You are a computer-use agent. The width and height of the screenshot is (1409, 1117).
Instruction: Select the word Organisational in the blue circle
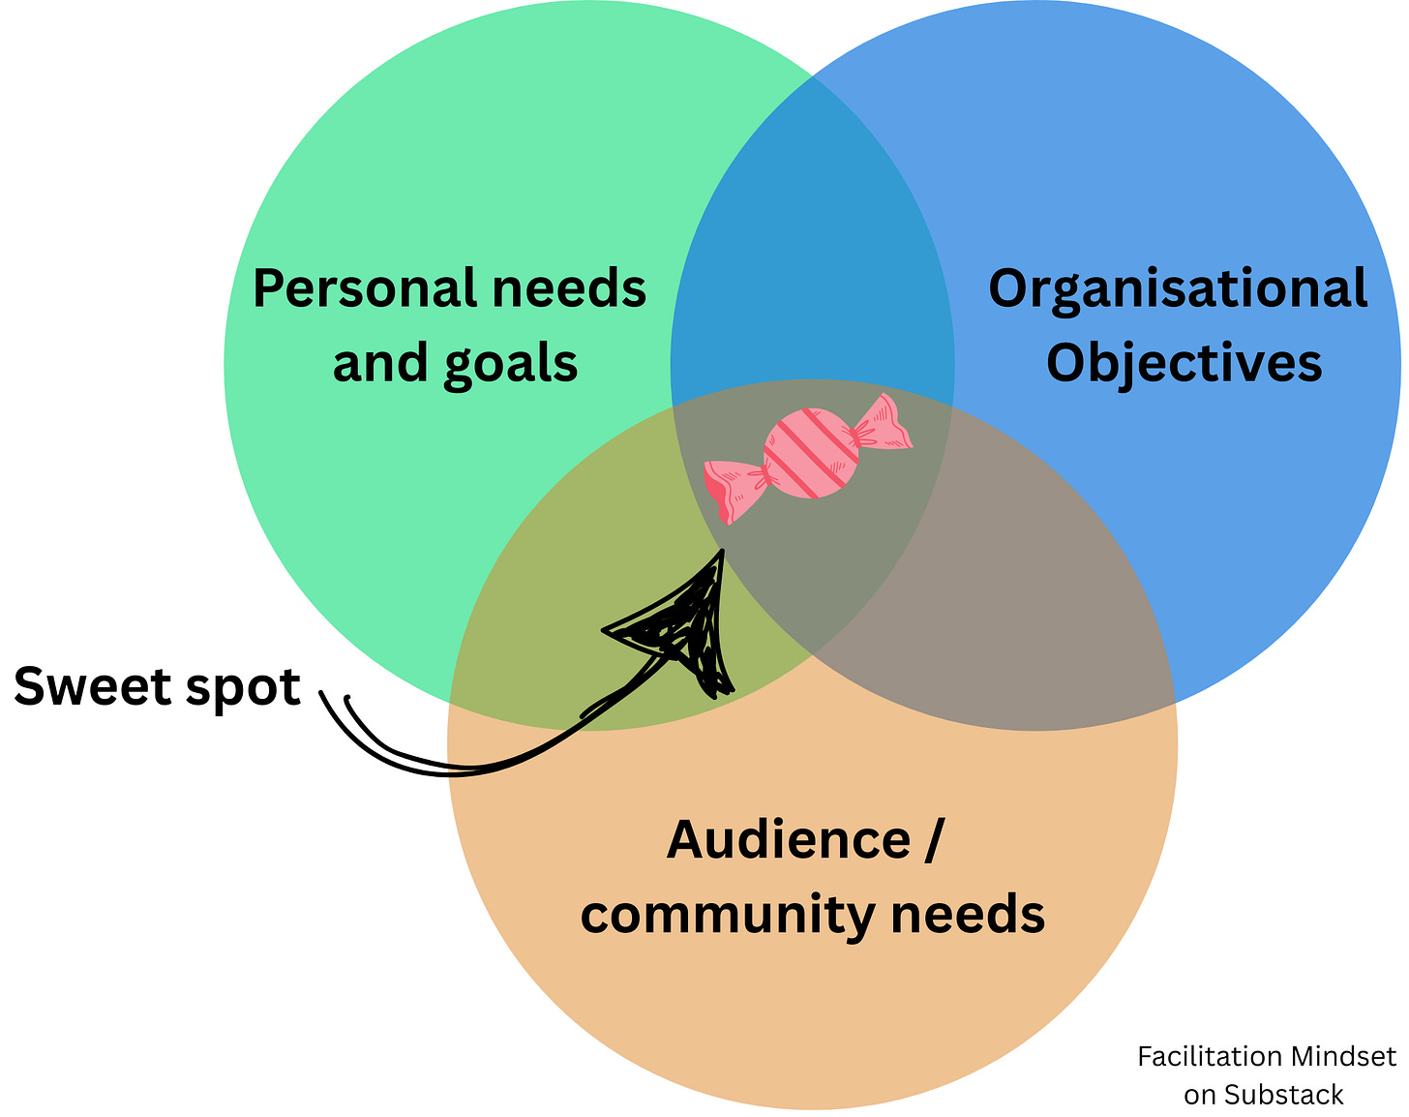[x=1178, y=289]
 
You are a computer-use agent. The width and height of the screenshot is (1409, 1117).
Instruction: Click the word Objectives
[x=1184, y=364]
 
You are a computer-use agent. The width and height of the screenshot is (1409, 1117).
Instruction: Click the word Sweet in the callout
[x=92, y=686]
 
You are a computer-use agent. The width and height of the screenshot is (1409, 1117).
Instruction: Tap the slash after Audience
[x=932, y=839]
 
